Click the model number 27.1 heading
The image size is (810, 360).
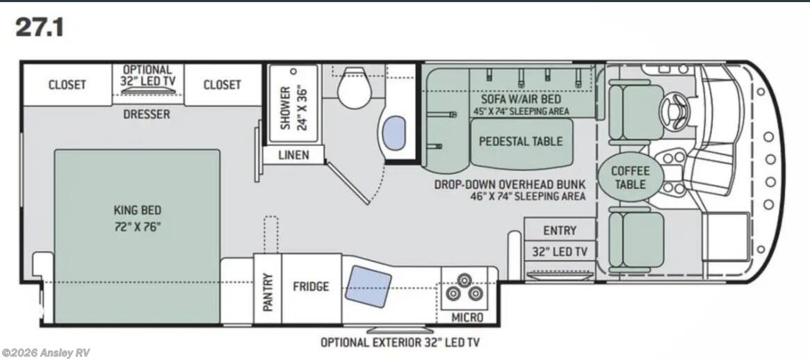tap(40, 27)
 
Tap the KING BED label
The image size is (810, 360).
tap(138, 210)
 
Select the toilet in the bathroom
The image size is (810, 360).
tap(355, 88)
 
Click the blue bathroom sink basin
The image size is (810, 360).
tap(395, 133)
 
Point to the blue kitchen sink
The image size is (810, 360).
tap(368, 286)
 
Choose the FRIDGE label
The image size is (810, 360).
tap(311, 286)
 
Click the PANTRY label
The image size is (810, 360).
tap(268, 291)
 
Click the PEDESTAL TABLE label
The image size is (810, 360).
tap(521, 141)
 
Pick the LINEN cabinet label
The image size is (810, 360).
tap(293, 155)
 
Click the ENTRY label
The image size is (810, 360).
tap(560, 230)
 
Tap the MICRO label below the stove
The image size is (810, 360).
tap(467, 317)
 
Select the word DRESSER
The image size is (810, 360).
tap(146, 114)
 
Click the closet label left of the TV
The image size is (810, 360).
tap(67, 85)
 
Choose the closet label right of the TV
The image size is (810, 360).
tap(222, 85)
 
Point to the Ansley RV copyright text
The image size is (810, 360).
tap(46, 353)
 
